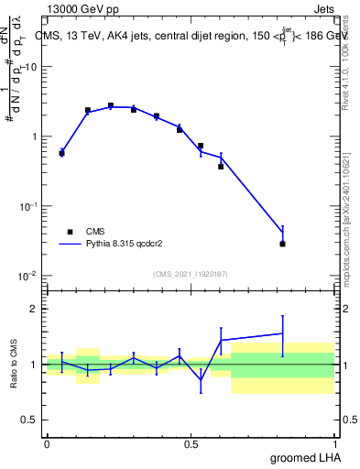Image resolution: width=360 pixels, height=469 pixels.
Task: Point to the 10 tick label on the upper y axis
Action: click(x=31, y=68)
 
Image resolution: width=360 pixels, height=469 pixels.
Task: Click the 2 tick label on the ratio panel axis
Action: click(x=37, y=309)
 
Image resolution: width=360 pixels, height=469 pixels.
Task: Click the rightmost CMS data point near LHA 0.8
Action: click(x=283, y=244)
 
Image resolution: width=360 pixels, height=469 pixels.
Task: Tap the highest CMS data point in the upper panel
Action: click(x=111, y=106)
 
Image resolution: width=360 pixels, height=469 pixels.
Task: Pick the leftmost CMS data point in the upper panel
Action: click(x=61, y=153)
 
